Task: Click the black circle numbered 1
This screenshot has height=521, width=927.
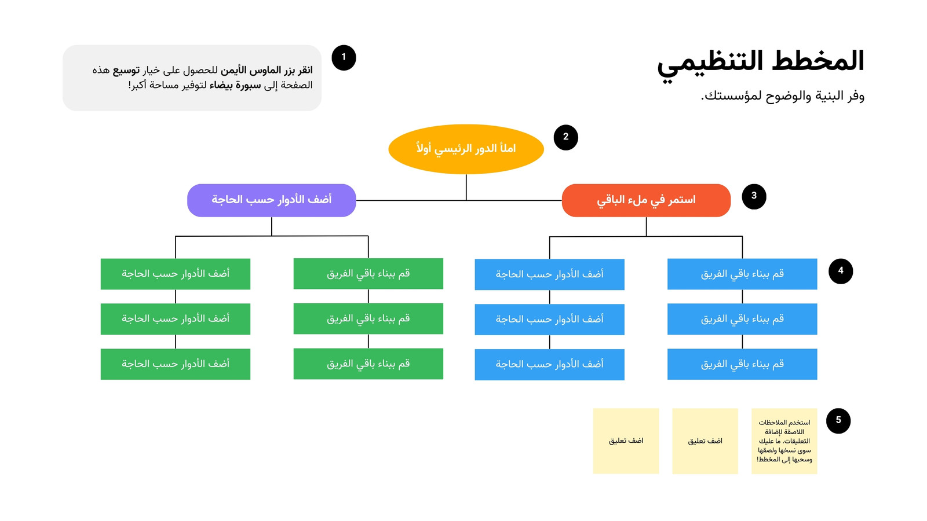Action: click(x=344, y=57)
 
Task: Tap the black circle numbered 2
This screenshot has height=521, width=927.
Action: click(x=565, y=137)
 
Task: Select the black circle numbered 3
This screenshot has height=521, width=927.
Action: click(x=754, y=196)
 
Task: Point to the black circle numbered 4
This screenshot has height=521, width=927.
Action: click(x=841, y=271)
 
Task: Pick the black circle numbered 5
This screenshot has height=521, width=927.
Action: click(x=838, y=421)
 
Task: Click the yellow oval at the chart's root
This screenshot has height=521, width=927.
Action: click(x=466, y=149)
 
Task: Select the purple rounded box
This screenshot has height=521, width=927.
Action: click(x=272, y=200)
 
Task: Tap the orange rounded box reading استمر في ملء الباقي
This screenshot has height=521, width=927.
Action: click(x=646, y=200)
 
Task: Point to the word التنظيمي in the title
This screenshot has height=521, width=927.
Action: click(x=710, y=64)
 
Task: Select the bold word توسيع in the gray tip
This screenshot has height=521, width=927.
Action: click(x=126, y=70)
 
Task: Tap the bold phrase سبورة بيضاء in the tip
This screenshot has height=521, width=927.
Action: click(x=235, y=85)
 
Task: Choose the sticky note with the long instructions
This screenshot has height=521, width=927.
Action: click(x=784, y=441)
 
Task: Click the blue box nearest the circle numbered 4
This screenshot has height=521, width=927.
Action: click(x=742, y=274)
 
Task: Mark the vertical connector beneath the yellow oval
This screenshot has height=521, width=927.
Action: click(x=466, y=188)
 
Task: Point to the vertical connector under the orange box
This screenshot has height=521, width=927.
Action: click(x=646, y=226)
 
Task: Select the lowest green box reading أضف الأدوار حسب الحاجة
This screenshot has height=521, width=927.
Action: click(x=176, y=364)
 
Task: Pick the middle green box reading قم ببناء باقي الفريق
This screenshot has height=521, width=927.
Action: click(x=368, y=318)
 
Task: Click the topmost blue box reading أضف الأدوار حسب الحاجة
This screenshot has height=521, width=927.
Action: click(x=550, y=274)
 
